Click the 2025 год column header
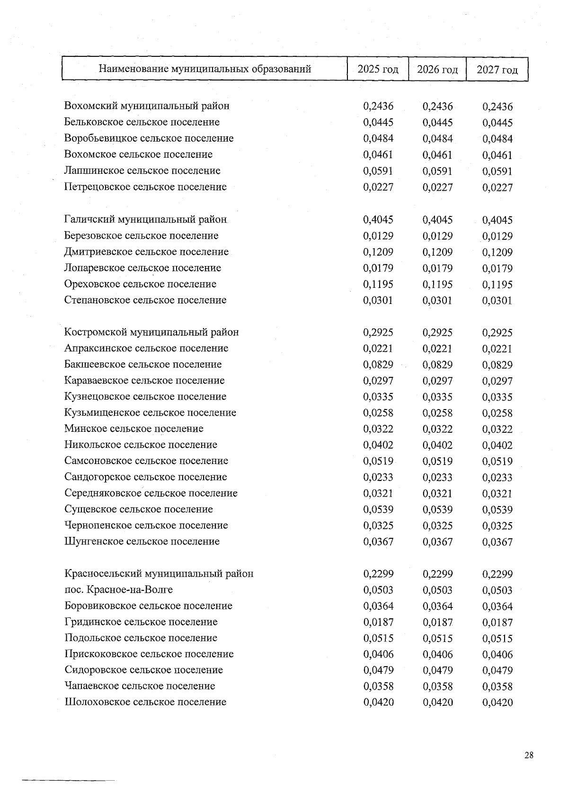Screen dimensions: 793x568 coord(378,70)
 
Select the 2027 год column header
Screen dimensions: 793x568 coord(497,70)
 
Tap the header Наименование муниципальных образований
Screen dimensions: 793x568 coord(204,69)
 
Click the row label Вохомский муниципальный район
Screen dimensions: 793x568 coord(147,106)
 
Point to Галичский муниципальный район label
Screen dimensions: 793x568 coord(146,220)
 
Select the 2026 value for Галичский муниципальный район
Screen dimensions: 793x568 coord(437,220)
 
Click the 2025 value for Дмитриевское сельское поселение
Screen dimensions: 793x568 coord(378,252)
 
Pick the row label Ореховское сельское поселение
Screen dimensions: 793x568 coord(140,284)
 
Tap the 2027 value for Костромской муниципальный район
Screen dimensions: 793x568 coord(497,333)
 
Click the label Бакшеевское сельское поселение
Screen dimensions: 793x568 coord(143,365)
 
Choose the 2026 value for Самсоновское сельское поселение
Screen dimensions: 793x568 coord(437,461)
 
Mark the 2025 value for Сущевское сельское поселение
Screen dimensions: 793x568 coord(378,509)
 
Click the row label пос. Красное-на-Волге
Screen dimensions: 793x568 coord(118,590)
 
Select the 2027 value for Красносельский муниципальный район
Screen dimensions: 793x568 coord(497,574)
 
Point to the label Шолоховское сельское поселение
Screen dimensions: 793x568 coord(145,702)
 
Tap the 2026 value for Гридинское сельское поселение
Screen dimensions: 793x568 coord(437,622)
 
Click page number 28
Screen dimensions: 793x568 coord(529,755)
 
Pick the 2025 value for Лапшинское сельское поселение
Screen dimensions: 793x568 coord(378,171)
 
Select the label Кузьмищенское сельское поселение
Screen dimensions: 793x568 coord(150,413)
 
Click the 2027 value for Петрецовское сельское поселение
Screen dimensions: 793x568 coord(497,187)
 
